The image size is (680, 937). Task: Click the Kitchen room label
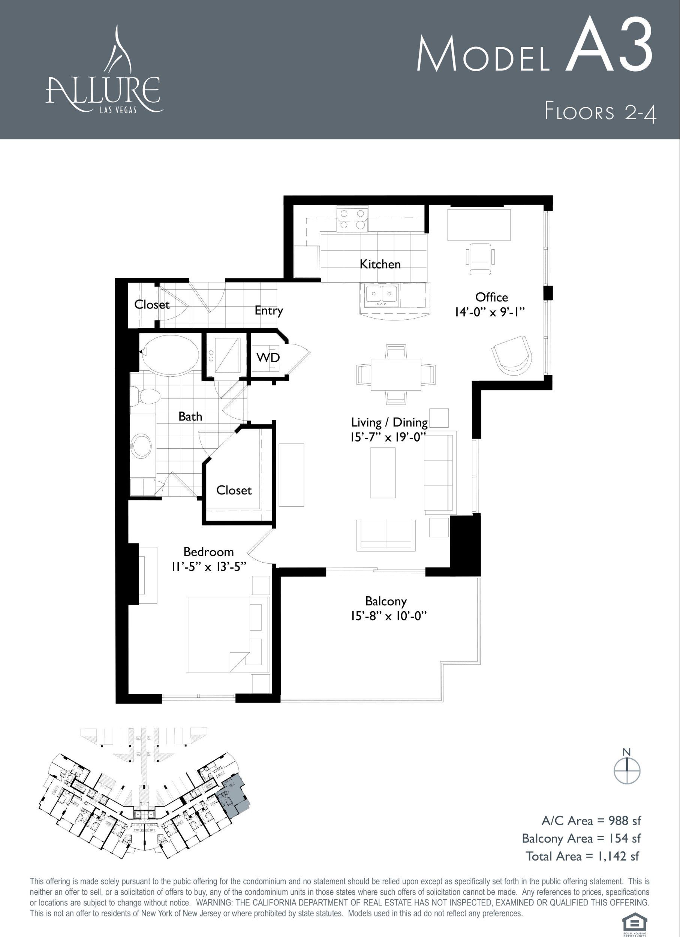click(380, 264)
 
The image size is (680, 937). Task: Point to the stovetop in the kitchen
click(352, 219)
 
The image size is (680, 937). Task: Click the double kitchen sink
click(381, 294)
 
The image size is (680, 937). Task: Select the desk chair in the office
click(480, 258)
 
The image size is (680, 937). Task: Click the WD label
click(268, 357)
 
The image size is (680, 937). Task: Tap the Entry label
click(268, 310)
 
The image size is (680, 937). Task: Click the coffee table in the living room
click(383, 473)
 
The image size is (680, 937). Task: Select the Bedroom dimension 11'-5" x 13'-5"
click(209, 566)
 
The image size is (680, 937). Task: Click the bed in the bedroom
click(227, 635)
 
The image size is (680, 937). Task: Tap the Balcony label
click(386, 601)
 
